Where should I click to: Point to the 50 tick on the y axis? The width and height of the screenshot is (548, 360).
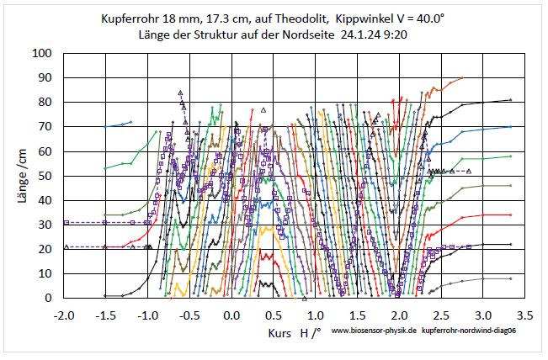[44, 175]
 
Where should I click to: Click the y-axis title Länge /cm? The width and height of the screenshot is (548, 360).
[14, 175]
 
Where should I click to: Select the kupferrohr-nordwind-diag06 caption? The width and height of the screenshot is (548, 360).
[470, 333]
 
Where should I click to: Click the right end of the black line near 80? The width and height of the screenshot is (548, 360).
[511, 100]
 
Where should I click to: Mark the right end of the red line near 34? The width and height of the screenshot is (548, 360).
[511, 214]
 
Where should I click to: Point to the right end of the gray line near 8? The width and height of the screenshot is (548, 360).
[511, 278]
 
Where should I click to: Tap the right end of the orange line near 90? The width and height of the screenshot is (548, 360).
[462, 77]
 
